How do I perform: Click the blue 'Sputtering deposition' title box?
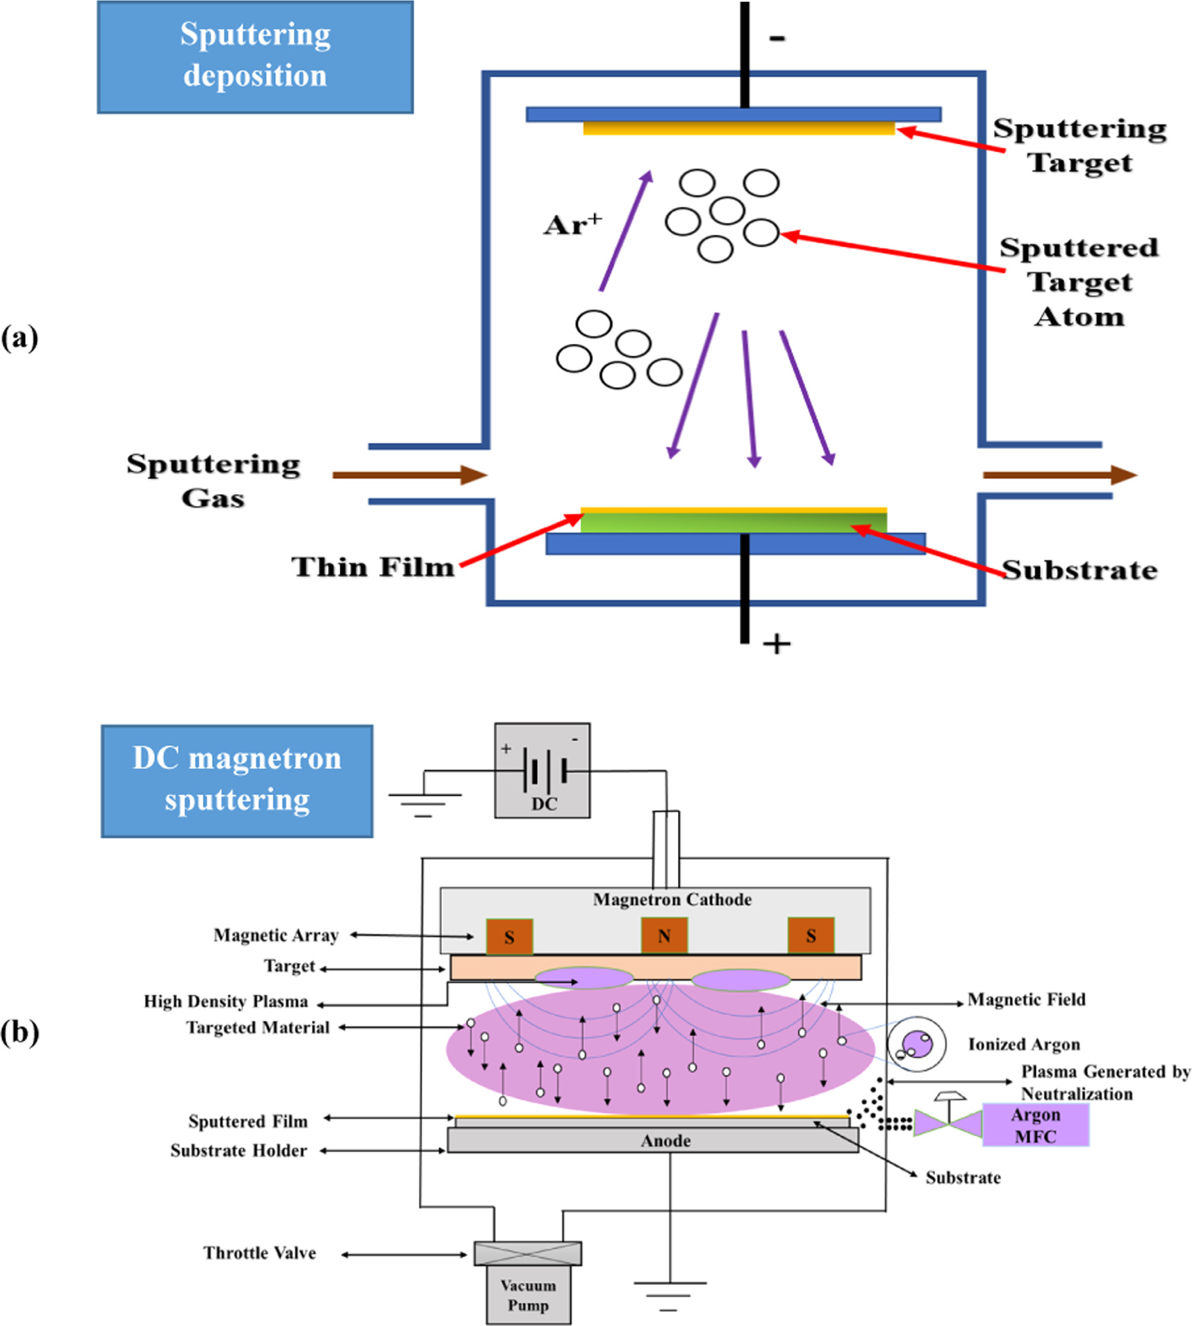tap(255, 57)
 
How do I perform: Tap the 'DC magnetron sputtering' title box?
tap(237, 780)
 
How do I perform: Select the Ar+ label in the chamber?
tap(572, 224)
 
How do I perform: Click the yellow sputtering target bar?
tap(738, 129)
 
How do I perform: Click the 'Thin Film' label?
tap(373, 567)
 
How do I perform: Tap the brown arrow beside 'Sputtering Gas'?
tap(410, 475)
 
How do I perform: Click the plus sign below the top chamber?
tap(777, 644)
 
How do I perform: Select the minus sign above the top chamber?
tap(777, 38)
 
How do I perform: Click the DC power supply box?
tap(543, 770)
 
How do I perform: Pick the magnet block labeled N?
tap(664, 935)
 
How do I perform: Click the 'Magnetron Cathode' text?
tap(672, 899)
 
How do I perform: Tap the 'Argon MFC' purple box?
tap(1035, 1125)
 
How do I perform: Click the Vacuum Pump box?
tap(528, 1295)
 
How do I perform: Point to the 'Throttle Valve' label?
tap(260, 1253)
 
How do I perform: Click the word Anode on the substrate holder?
tap(665, 1140)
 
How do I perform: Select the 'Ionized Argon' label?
tap(1024, 1045)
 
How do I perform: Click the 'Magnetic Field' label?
tap(1026, 999)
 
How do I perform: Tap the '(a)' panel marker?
tap(19, 338)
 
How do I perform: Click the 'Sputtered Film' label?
tap(248, 1122)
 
